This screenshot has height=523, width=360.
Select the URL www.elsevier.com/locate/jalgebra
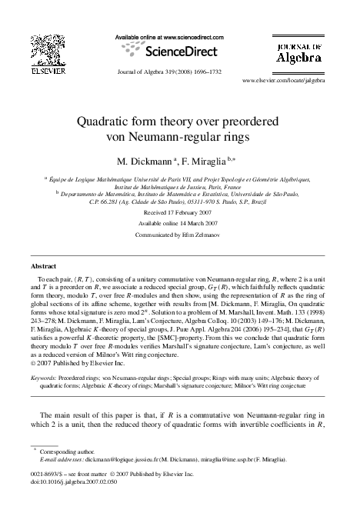point(283,79)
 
